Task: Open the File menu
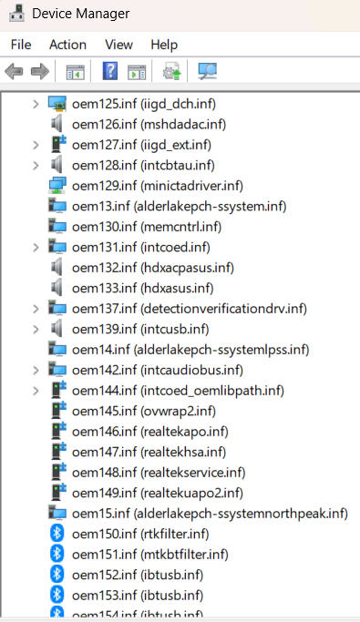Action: (x=21, y=44)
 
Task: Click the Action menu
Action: (x=67, y=44)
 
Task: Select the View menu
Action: (x=118, y=44)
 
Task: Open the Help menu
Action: (x=164, y=44)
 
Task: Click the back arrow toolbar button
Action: (x=15, y=71)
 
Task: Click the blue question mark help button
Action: (x=111, y=71)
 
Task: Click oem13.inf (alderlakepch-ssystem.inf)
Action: (x=179, y=206)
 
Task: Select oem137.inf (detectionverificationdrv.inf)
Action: (x=189, y=308)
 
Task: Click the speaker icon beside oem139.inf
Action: (x=57, y=328)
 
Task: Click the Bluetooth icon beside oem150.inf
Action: (x=57, y=533)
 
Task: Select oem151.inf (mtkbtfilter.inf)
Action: (x=150, y=554)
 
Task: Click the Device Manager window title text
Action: (x=80, y=14)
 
